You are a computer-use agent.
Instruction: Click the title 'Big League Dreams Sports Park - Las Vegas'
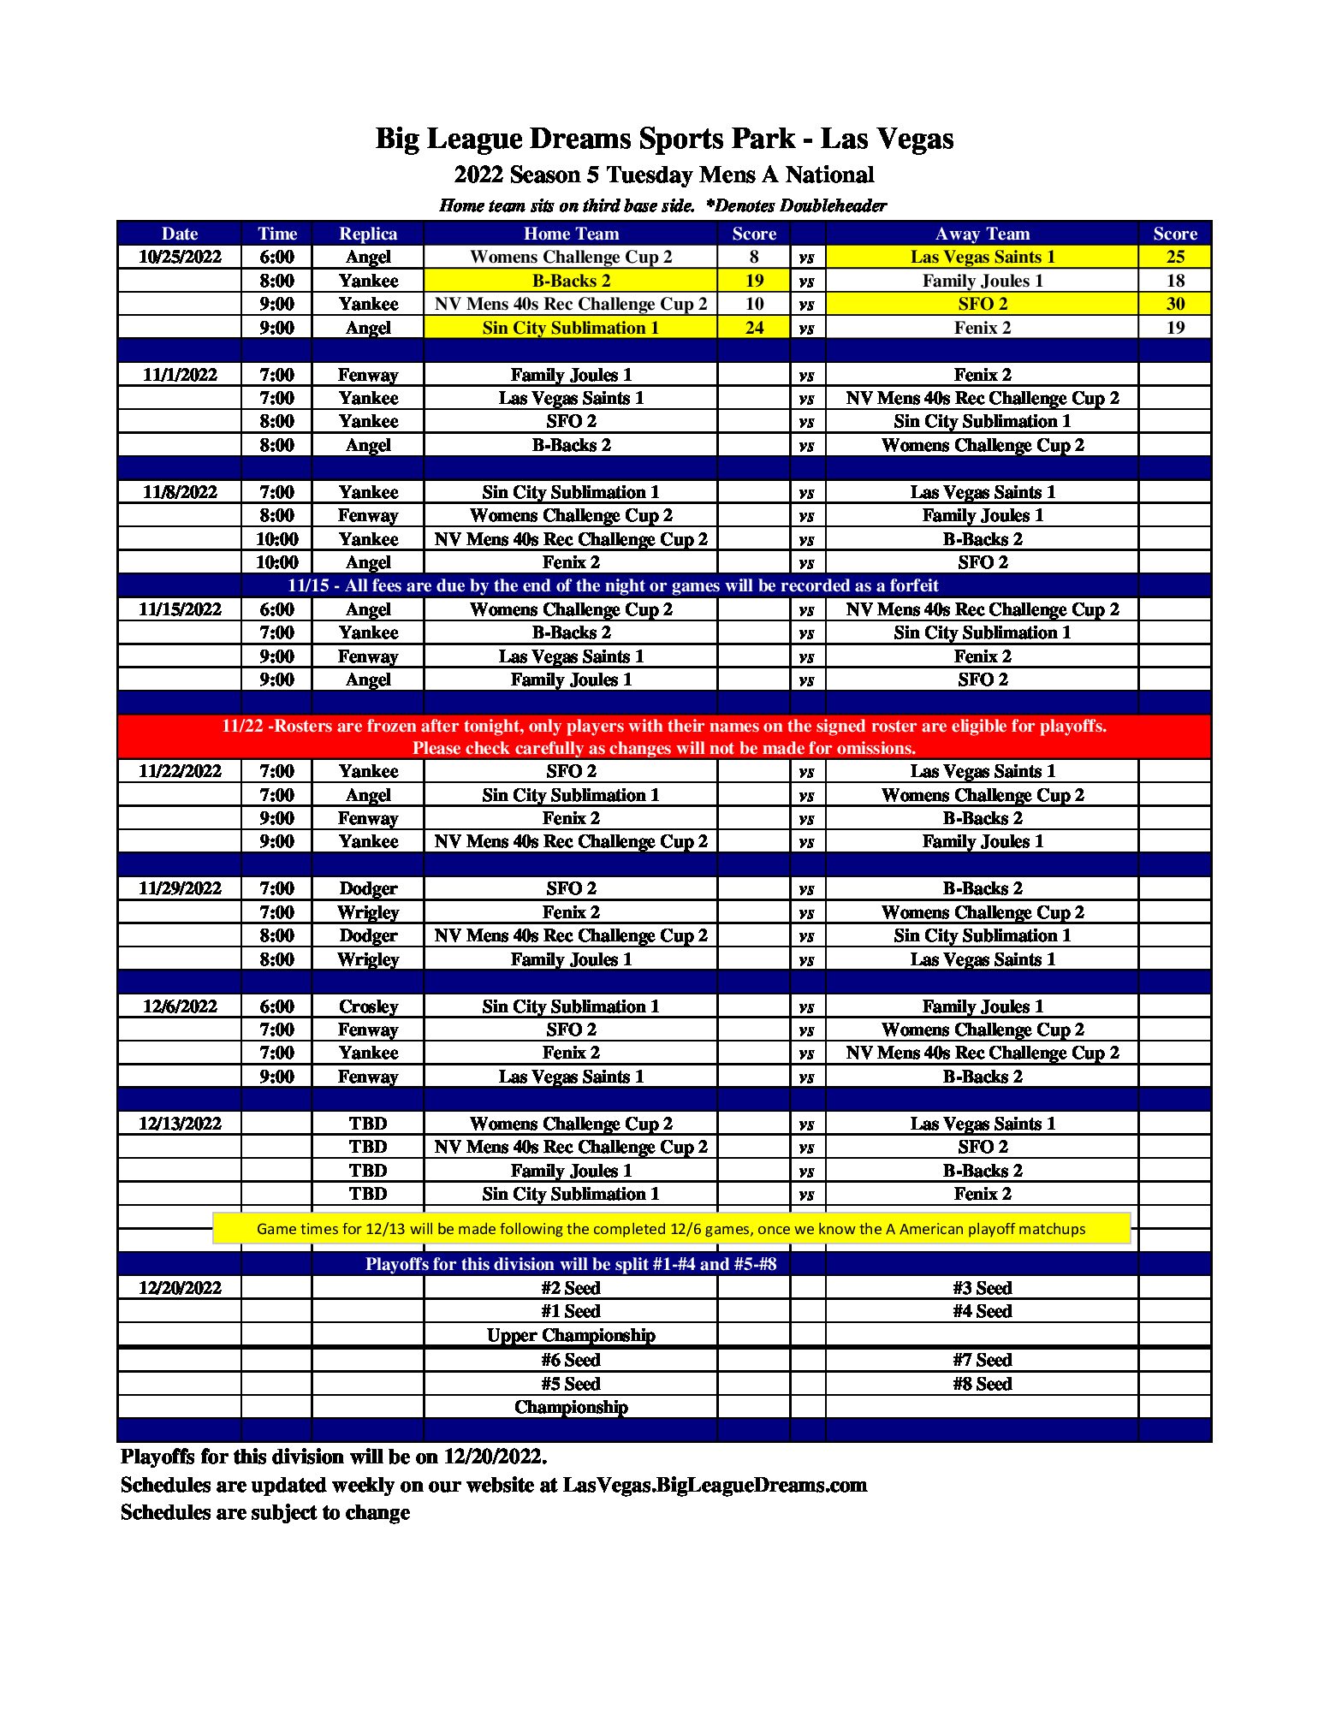(x=664, y=139)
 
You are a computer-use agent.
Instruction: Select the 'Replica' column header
(x=368, y=234)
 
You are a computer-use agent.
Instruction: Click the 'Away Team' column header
(x=982, y=234)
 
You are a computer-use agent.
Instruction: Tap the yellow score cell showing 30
(x=1175, y=304)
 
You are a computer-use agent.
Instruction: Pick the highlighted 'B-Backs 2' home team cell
(x=571, y=281)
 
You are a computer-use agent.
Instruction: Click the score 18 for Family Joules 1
(x=1175, y=281)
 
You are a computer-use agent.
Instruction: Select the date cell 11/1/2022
(x=180, y=375)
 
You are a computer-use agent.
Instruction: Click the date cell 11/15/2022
(x=180, y=609)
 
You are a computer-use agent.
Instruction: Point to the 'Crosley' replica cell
(x=368, y=1006)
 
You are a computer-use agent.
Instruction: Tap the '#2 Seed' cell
(x=571, y=1288)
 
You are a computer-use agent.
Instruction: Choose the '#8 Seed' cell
(x=982, y=1384)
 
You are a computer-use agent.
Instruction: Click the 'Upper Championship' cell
(x=571, y=1335)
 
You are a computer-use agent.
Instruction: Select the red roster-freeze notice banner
(x=664, y=737)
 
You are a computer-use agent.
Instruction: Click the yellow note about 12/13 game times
(x=671, y=1229)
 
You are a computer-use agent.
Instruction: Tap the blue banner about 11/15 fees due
(x=613, y=585)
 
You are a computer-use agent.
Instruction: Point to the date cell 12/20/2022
(x=180, y=1288)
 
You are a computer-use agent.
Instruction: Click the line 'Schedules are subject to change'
(x=265, y=1512)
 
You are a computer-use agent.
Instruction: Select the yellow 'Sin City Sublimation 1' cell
(x=571, y=328)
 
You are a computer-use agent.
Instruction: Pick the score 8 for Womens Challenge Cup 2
(x=754, y=257)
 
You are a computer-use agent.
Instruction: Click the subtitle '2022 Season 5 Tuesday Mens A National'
(x=664, y=175)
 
